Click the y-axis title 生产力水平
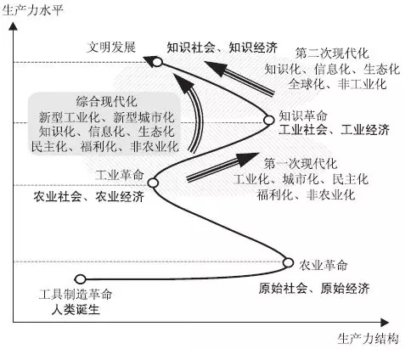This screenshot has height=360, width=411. pos(33,10)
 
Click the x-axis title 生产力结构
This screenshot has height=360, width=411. pos(368,339)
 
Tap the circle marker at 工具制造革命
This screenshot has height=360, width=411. pos(80,279)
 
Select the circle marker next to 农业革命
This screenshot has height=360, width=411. pos(288,262)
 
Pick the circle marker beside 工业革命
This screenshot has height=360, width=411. pos(153,183)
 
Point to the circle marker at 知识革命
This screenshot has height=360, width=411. pos(268,120)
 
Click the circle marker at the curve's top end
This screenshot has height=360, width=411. pos(157,62)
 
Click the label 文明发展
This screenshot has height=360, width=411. pos(111,47)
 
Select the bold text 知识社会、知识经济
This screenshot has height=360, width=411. pos(222,48)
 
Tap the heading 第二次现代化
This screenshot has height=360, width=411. pos(332,53)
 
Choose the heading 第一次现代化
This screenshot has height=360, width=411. pos(301,164)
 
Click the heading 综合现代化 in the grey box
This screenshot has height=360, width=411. pos(107,102)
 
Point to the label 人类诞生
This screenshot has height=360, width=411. pos(76,309)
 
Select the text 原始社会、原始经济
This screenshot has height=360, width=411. pos(314,289)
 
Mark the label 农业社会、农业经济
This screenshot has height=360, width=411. pos(89,196)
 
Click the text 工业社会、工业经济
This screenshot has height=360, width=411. pos(335,130)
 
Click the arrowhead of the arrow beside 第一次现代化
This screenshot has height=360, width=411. pos(247,159)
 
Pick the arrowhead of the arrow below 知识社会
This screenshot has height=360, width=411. pos(217,68)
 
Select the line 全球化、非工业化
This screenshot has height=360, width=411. pos(337,84)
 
